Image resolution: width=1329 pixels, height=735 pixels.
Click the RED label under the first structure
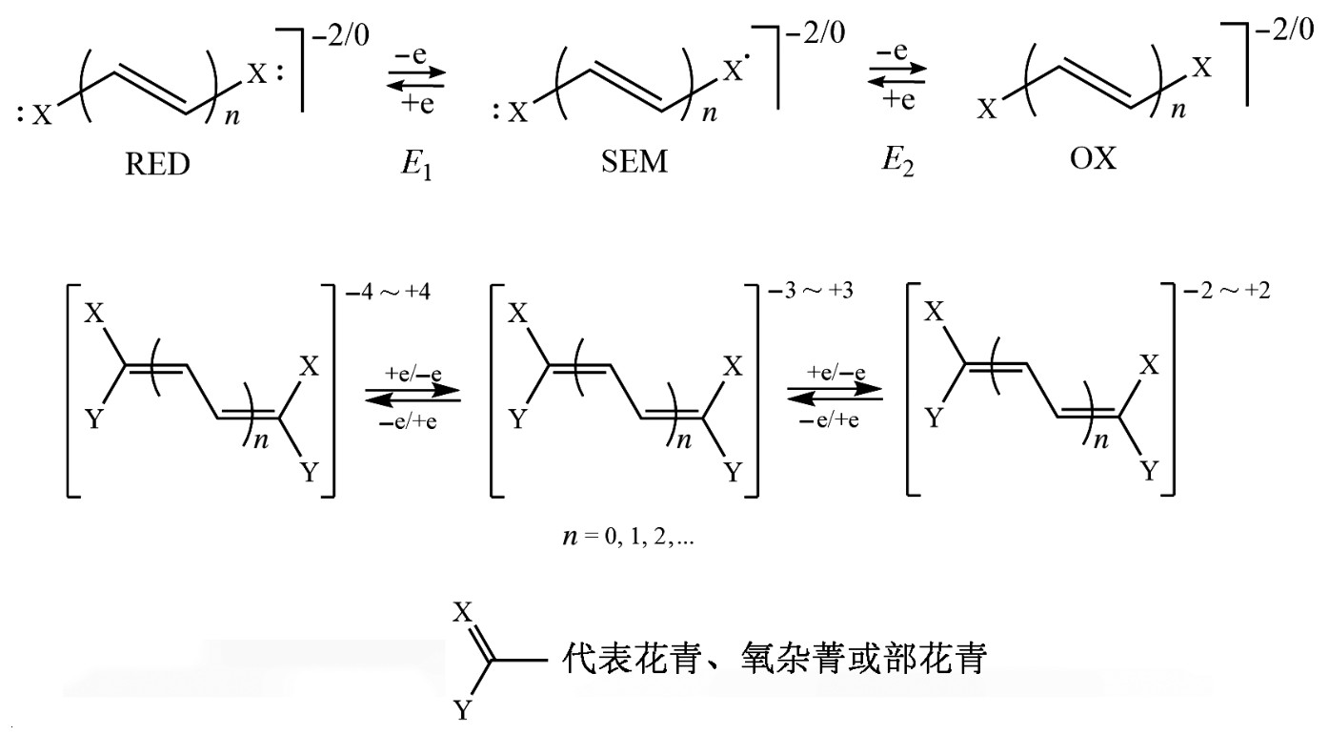[x=157, y=163]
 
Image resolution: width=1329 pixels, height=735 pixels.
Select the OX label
[x=1093, y=157]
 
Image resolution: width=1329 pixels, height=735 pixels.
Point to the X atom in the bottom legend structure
[x=462, y=613]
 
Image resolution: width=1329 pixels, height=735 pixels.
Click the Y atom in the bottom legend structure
[x=462, y=710]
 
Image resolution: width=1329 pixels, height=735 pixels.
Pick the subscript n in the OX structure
[x=1178, y=111]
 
